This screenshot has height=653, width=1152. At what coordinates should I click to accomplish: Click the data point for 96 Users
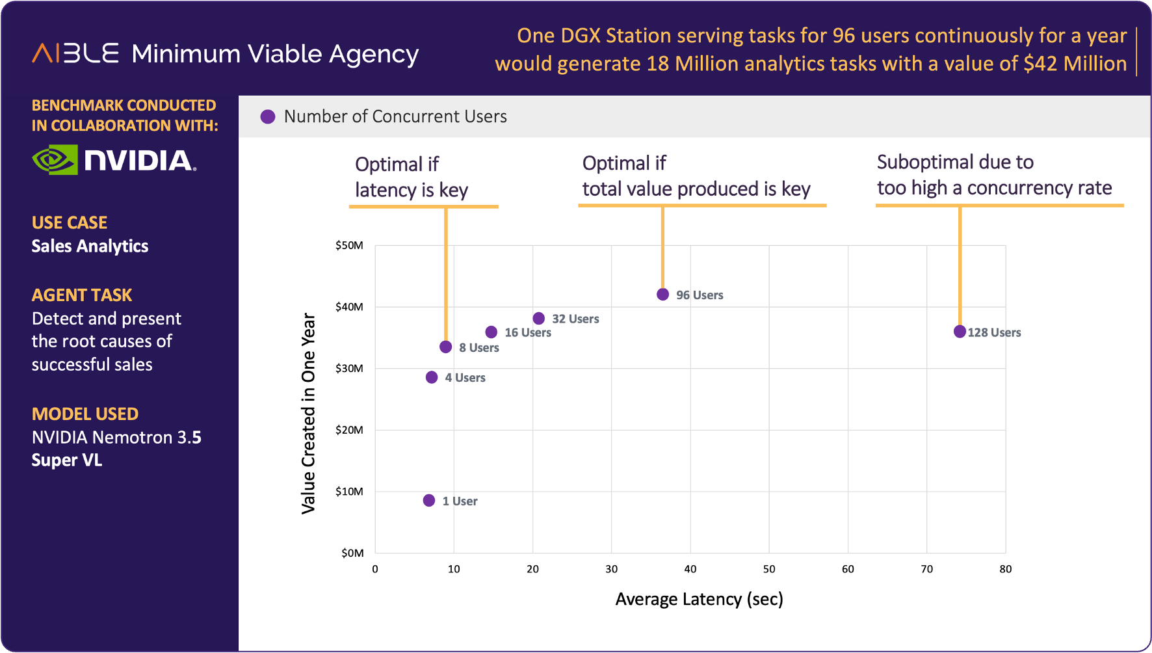(x=662, y=295)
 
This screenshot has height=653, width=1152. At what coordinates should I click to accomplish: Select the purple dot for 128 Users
(x=960, y=332)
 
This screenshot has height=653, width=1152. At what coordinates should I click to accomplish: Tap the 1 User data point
(x=429, y=501)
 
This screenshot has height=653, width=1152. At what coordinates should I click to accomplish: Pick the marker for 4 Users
(x=432, y=377)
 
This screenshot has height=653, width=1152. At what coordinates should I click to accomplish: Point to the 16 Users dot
(x=491, y=332)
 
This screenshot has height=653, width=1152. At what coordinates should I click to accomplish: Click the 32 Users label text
(x=575, y=319)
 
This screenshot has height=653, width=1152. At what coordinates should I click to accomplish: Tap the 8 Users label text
(x=479, y=348)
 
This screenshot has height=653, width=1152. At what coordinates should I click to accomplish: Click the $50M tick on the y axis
(x=349, y=245)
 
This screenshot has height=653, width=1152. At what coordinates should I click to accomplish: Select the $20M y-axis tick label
(x=349, y=430)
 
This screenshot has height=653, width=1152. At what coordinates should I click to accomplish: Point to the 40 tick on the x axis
(x=690, y=569)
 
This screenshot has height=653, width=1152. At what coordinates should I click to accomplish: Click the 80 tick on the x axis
(x=1006, y=569)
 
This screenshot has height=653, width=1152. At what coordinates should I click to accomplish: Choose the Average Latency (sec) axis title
(x=699, y=599)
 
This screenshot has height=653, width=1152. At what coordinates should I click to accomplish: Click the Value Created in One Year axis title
(x=308, y=414)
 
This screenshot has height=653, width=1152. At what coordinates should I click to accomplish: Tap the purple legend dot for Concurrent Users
(x=268, y=117)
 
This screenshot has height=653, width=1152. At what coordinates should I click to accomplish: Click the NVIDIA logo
(x=114, y=160)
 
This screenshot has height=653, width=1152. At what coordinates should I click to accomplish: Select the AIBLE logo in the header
(x=75, y=53)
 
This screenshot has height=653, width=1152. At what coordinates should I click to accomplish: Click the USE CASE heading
(x=70, y=222)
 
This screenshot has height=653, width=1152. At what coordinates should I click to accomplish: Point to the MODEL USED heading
(x=85, y=414)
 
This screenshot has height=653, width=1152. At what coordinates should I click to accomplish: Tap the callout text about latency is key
(x=412, y=177)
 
